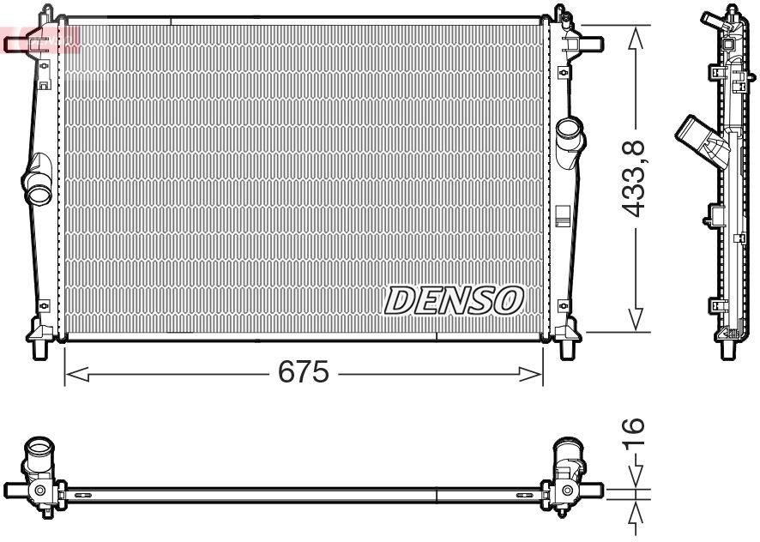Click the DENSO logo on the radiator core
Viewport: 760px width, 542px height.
(453, 300)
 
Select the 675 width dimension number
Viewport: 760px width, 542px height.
(304, 373)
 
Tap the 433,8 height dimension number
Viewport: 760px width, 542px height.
(635, 178)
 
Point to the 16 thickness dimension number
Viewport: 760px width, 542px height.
(632, 437)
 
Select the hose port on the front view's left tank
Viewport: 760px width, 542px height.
(38, 192)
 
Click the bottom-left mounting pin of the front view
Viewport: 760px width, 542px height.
(39, 347)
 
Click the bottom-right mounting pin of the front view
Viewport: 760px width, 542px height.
(568, 347)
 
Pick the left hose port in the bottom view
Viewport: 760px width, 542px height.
(39, 455)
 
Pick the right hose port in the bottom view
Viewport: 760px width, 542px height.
(567, 455)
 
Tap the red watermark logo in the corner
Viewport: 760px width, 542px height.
(39, 39)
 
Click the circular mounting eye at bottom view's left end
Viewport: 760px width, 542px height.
(39, 491)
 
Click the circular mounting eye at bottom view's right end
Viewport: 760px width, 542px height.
(568, 491)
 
